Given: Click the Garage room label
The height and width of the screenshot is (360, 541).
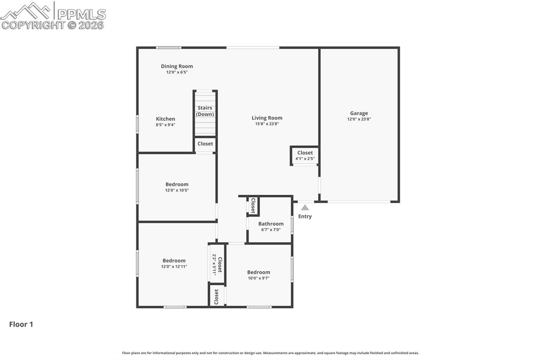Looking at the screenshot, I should click(x=359, y=113).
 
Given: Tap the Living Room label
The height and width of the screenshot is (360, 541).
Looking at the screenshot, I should click(x=267, y=118).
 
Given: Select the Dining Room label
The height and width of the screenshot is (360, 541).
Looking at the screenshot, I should click(x=177, y=66).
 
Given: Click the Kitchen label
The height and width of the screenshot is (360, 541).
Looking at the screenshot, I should click(x=165, y=119).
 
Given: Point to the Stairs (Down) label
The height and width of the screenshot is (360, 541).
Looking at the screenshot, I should click(x=205, y=111).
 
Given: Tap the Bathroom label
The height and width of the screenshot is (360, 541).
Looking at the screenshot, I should click(x=271, y=223).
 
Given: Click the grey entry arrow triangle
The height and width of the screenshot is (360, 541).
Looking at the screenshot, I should click(x=305, y=207).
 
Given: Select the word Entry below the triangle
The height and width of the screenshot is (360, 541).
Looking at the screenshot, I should click(x=305, y=216).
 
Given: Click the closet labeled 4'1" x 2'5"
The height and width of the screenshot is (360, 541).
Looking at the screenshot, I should click(x=305, y=155).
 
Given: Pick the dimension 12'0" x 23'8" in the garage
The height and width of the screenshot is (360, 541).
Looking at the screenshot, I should click(x=359, y=119).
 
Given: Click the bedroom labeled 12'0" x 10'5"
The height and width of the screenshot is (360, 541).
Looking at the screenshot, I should click(x=177, y=187).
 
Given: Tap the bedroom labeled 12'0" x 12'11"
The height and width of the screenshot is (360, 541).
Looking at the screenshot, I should click(x=174, y=263).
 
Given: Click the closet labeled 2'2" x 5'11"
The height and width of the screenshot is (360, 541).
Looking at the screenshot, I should click(x=217, y=263).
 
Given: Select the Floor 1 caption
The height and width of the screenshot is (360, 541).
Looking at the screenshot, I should click(x=21, y=325).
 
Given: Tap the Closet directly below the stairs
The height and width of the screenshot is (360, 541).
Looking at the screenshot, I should click(x=205, y=144).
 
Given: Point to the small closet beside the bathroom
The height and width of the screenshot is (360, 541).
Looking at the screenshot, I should click(x=253, y=205).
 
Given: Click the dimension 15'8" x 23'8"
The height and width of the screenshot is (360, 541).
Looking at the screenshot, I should click(x=267, y=124).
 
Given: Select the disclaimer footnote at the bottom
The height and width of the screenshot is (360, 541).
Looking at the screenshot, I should click(x=270, y=353).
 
